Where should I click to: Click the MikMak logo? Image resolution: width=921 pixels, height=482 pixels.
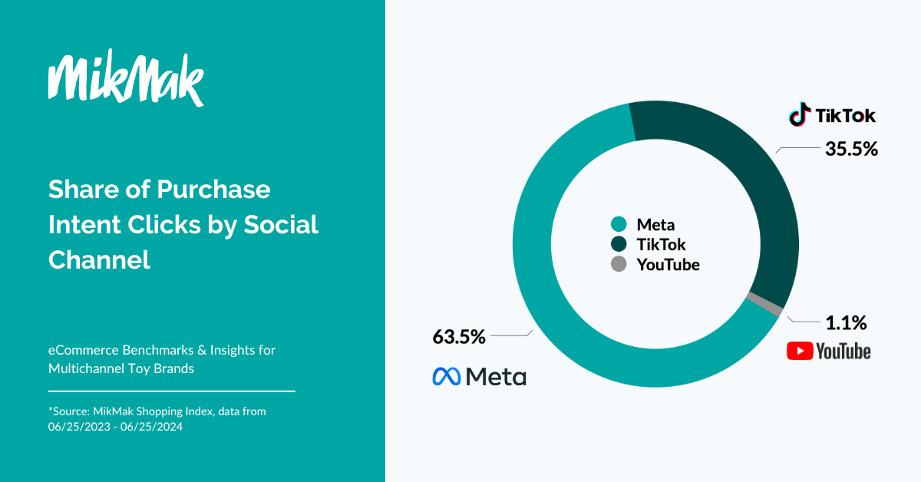126,78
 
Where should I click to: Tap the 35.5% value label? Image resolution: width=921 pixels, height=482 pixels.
851,149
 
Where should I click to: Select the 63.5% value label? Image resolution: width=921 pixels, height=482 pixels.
459,337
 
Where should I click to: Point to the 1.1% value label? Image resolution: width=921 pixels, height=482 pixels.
846,323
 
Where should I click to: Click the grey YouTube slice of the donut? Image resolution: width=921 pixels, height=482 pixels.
765,304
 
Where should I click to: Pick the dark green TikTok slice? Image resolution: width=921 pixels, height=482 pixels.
740,164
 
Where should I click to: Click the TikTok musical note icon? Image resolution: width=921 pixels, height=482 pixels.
800,114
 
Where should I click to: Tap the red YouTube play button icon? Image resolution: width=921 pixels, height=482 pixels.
800,351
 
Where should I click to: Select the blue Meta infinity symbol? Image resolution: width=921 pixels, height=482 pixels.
446,376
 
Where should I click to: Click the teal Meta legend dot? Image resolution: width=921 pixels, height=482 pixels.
619,224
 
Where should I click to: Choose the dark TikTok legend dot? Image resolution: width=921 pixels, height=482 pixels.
619,244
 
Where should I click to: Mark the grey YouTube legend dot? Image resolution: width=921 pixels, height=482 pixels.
619,264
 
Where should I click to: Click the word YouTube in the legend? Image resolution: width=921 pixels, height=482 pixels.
668,265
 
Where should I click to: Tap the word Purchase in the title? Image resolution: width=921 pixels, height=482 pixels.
213,190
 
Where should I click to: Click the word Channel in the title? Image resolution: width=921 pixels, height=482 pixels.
99,259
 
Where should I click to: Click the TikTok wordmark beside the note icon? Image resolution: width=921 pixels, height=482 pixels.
845,116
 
